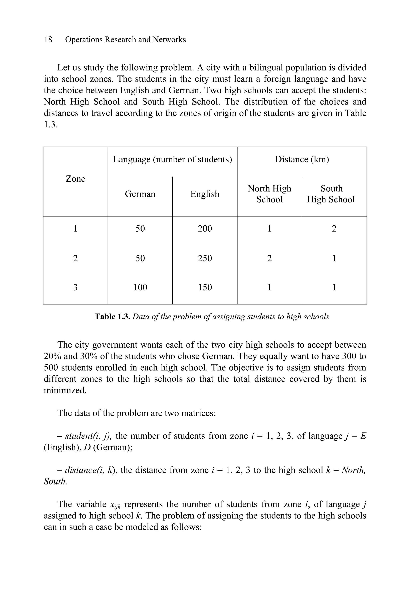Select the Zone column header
coord(75,179)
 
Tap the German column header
coord(140,194)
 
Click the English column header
coord(205,194)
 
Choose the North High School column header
coord(269,194)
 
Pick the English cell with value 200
coord(205,229)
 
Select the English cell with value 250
coord(205,258)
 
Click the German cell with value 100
coord(140,287)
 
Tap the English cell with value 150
coord(205,287)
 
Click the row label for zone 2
coord(75,258)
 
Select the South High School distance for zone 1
coord(334,229)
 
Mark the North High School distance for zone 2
coord(269,258)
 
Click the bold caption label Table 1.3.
coord(113,317)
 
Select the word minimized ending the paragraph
coord(65,390)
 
